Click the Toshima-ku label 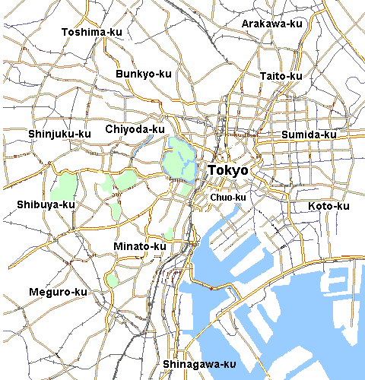click(91, 32)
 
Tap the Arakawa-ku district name click(271, 24)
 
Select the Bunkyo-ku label click(144, 74)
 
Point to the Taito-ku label click(281, 76)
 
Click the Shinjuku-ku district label click(59, 134)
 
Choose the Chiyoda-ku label click(135, 129)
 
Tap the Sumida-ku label click(309, 135)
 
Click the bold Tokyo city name click(228, 171)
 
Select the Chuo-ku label click(228, 198)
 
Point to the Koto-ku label click(328, 207)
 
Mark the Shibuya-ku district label click(46, 204)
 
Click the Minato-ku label click(139, 246)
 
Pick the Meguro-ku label click(58, 292)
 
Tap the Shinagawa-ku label click(199, 364)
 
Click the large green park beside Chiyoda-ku click(179, 157)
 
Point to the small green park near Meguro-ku click(113, 279)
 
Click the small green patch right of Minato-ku click(169, 235)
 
